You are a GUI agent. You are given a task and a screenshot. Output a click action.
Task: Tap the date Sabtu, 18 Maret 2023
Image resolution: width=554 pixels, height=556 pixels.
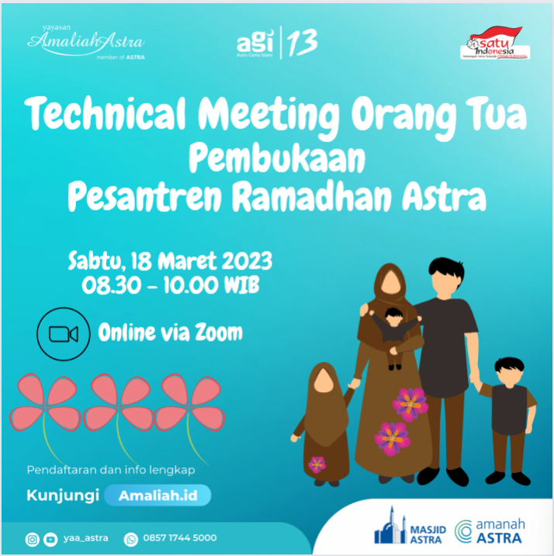click(170, 259)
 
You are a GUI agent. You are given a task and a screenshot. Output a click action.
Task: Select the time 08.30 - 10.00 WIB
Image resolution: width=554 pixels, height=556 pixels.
click(170, 285)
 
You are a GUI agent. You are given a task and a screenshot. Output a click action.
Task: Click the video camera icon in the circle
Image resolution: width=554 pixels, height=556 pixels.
click(64, 334)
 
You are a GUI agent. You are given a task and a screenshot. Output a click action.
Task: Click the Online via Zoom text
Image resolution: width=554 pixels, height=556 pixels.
click(170, 333)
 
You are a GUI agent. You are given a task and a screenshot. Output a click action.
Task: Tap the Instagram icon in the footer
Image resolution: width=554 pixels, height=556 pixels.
click(33, 538)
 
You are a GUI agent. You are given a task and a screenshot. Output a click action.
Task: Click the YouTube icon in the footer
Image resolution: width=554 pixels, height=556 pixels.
click(50, 538)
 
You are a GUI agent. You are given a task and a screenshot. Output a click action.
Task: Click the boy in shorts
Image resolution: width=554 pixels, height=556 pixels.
click(508, 415)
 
